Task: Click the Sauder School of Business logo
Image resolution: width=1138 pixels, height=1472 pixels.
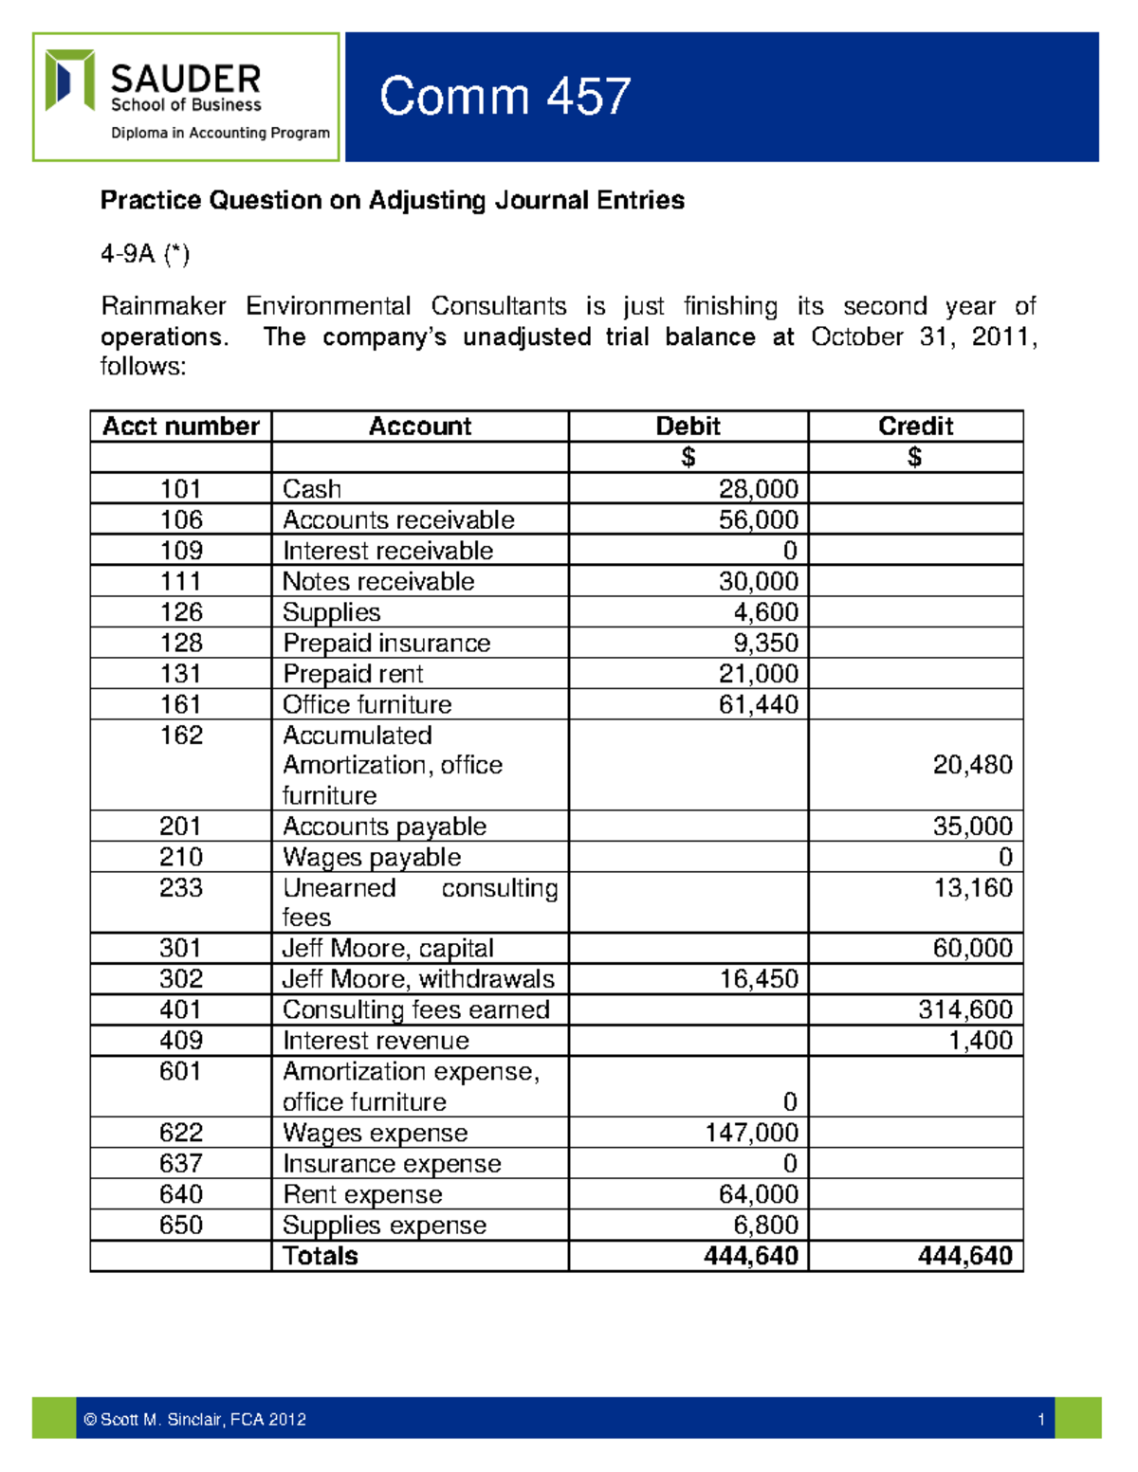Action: click(186, 97)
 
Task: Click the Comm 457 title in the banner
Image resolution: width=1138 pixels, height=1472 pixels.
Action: click(505, 97)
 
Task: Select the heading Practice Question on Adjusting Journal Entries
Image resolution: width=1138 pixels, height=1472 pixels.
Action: click(392, 200)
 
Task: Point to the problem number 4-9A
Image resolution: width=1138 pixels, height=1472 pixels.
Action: click(145, 253)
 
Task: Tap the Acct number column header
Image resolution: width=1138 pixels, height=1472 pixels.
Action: click(180, 427)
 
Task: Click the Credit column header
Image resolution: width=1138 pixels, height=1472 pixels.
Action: click(915, 427)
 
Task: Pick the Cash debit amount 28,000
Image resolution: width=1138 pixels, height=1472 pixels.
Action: click(758, 489)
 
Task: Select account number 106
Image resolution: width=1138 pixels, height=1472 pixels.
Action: click(180, 519)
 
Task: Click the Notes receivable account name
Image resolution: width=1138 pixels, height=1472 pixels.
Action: click(378, 581)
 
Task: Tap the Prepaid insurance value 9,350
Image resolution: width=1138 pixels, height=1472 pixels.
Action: click(765, 643)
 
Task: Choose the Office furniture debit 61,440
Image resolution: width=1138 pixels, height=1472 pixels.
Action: click(758, 704)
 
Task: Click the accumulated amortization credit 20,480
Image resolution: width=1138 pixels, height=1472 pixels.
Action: click(972, 765)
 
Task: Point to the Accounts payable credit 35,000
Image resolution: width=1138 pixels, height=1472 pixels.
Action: click(972, 827)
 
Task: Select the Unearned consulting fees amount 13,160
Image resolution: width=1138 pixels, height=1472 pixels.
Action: click(972, 888)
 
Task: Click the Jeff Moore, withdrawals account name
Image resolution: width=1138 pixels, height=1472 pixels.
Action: click(418, 979)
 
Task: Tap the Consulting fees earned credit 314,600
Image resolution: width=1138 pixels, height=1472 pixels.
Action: click(964, 1009)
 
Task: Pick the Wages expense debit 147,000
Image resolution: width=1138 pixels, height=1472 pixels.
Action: click(751, 1133)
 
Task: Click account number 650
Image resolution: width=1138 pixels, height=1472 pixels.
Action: click(180, 1225)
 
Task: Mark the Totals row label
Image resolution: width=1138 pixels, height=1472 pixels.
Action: click(321, 1256)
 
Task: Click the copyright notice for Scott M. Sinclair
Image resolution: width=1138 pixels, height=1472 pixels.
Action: click(194, 1419)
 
